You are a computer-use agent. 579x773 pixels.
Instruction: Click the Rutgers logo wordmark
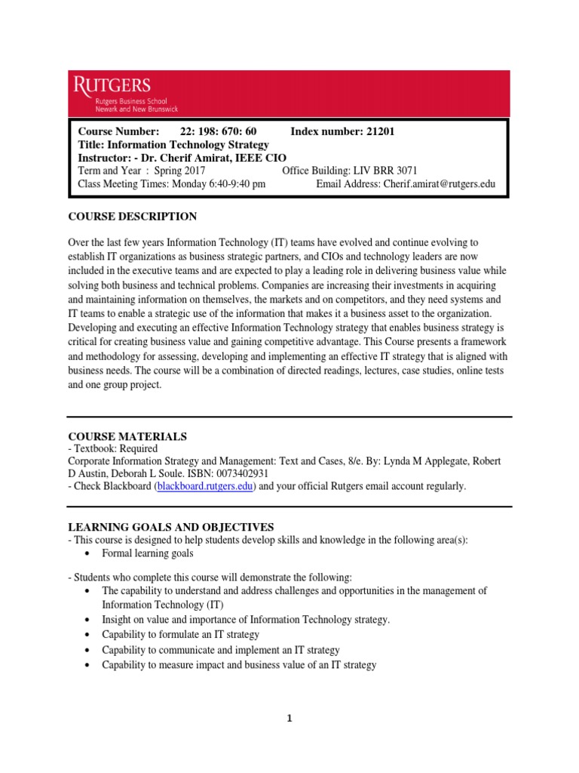click(112, 85)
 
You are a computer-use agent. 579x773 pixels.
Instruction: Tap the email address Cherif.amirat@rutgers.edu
click(439, 183)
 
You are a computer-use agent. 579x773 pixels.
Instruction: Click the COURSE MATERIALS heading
click(127, 436)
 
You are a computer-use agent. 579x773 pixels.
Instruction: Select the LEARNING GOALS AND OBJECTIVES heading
click(171, 526)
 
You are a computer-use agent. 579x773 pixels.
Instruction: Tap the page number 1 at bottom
click(289, 719)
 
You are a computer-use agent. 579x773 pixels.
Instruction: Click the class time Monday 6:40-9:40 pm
click(219, 183)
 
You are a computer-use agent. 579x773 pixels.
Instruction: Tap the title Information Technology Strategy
click(188, 144)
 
